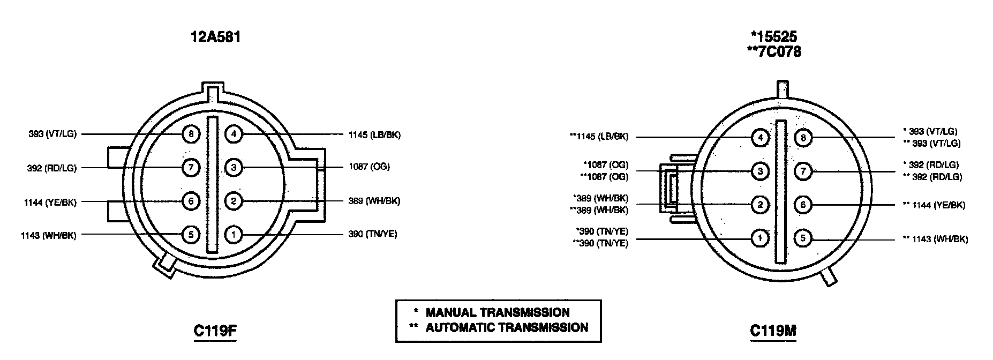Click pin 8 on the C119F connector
coord(191,133)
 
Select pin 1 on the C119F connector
coord(234,234)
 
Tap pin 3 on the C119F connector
coord(234,168)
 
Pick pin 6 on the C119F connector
coord(191,201)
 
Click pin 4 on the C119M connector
coord(759,138)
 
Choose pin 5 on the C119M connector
coord(803,238)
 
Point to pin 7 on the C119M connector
coord(803,171)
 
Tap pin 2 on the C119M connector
coord(759,205)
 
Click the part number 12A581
coord(215,37)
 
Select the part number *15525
coord(774,36)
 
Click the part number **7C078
coord(774,52)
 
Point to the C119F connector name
coord(215,331)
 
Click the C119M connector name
coord(773,331)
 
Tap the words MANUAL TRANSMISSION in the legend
coord(497,312)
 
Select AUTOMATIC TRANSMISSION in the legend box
coord(506,327)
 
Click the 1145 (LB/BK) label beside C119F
coord(374,134)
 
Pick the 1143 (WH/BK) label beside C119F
coord(49,235)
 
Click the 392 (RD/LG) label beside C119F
coord(51,168)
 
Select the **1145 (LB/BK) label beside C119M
coord(599,137)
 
